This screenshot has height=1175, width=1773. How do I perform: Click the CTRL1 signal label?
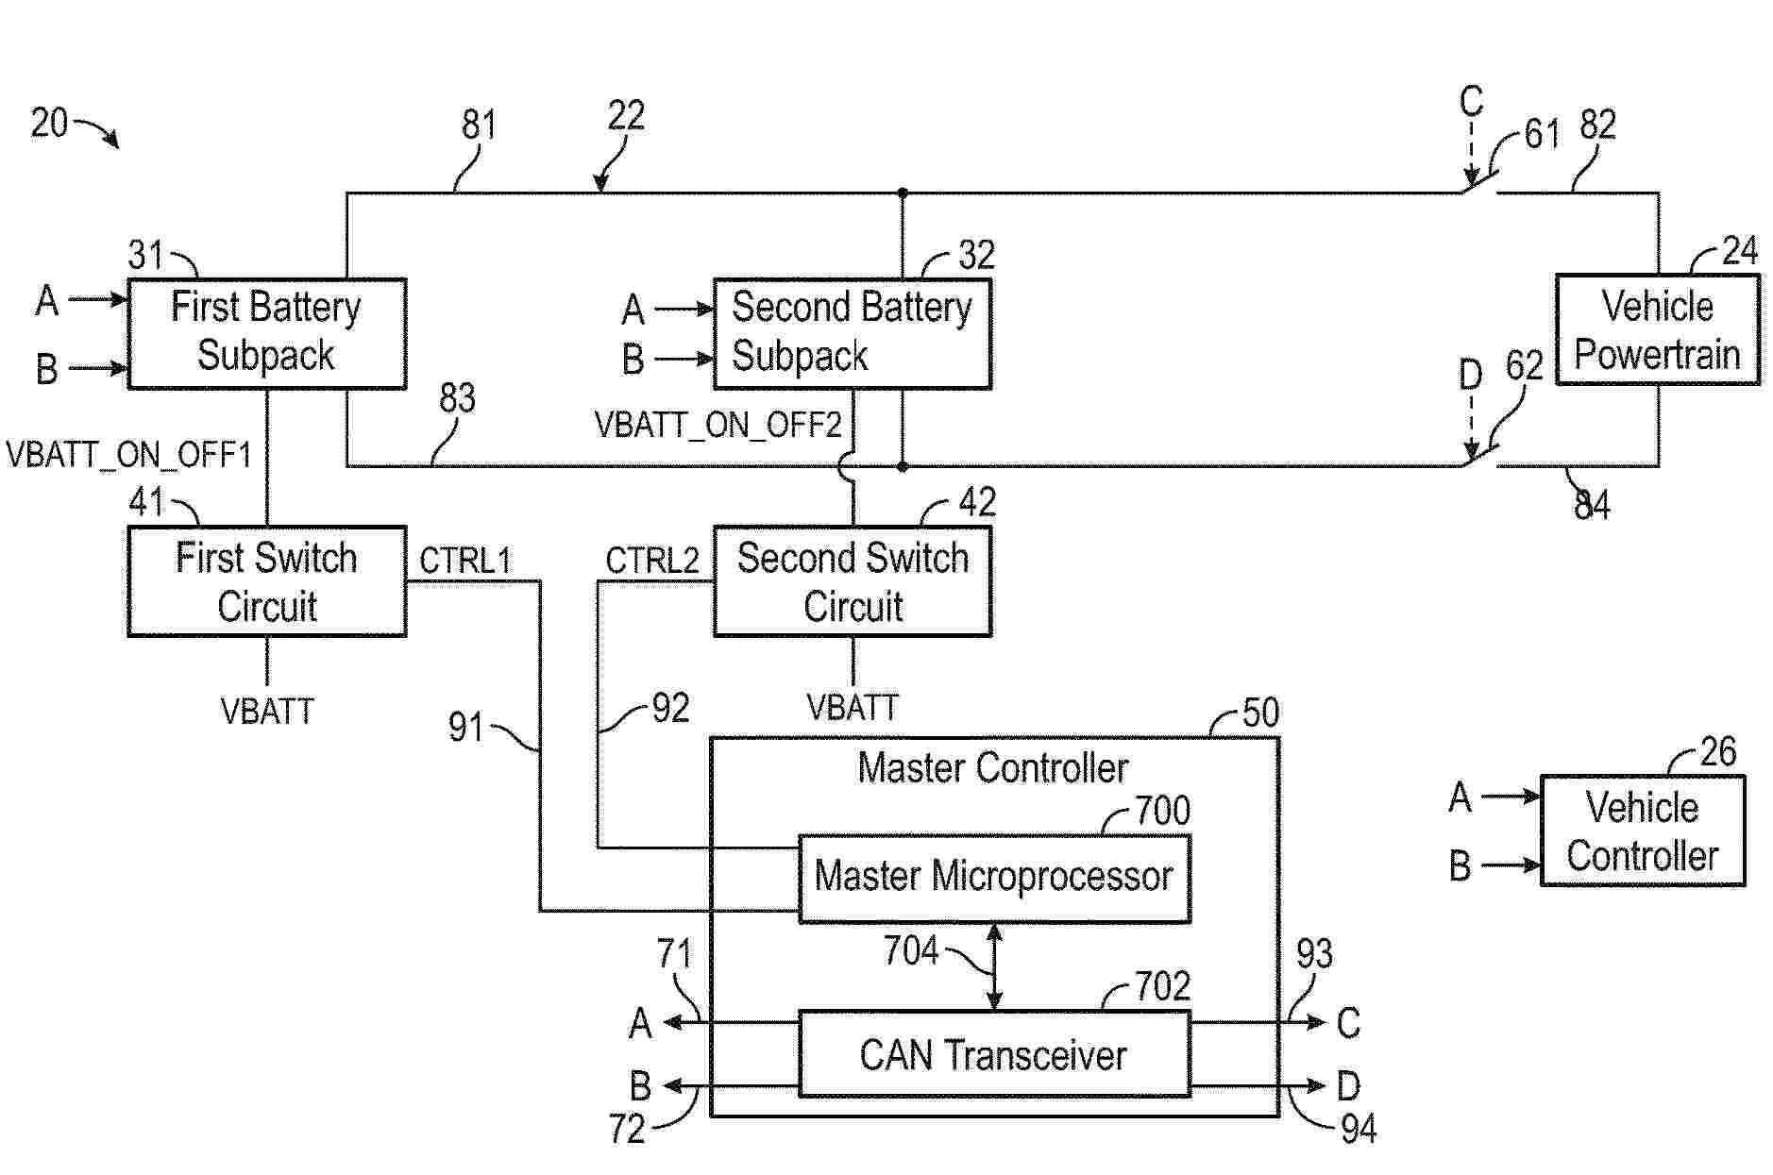(x=464, y=561)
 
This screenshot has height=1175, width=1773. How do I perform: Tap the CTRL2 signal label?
(x=651, y=561)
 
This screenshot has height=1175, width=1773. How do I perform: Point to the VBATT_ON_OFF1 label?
(x=129, y=456)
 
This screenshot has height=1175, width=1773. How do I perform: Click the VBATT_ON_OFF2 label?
(x=718, y=426)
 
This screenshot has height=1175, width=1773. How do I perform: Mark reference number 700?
(x=1162, y=811)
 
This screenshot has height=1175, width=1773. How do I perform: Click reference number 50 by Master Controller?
(x=1260, y=713)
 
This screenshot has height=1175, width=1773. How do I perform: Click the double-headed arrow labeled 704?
(x=994, y=966)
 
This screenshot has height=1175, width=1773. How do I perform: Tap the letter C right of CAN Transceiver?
(x=1348, y=1023)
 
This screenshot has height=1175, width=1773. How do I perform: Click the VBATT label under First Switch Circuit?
(x=267, y=711)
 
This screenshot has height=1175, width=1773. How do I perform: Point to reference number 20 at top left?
(x=49, y=123)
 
